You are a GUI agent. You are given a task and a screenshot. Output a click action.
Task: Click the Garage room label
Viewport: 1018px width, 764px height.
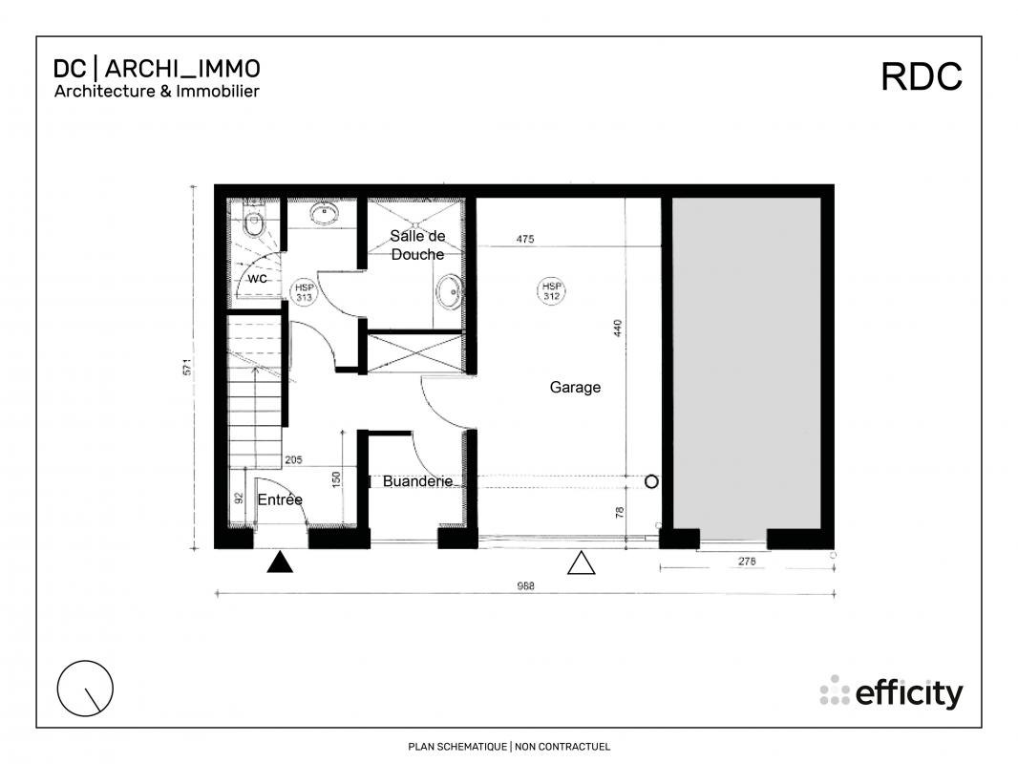(x=575, y=388)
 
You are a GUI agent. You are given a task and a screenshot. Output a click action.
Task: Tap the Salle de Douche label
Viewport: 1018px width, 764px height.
(x=417, y=244)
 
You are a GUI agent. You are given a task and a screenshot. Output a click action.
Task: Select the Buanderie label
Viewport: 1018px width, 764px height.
(x=417, y=481)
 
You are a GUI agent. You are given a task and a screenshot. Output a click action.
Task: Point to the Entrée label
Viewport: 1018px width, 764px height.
(x=280, y=499)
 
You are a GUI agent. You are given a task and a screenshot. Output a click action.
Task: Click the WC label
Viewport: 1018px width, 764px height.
(x=258, y=279)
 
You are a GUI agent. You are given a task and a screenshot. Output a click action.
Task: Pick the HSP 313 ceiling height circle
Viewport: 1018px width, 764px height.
(x=304, y=292)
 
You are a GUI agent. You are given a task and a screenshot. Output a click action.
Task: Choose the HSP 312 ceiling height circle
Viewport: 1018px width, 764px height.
(x=551, y=291)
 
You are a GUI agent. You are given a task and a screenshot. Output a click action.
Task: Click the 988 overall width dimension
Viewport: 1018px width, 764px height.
(x=525, y=586)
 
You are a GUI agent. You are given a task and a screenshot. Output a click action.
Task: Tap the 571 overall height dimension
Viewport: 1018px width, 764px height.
(x=187, y=367)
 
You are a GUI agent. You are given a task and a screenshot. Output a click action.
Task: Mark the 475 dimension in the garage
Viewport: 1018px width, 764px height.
(x=525, y=239)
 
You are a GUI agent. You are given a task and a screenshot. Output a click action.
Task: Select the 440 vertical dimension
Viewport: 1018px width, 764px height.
(x=618, y=328)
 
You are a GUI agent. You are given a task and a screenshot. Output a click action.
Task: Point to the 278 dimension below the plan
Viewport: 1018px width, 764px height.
(x=747, y=562)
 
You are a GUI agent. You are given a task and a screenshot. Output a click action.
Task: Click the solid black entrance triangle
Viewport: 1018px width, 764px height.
(x=280, y=562)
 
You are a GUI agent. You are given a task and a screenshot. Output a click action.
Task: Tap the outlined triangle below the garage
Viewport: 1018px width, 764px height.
(x=581, y=563)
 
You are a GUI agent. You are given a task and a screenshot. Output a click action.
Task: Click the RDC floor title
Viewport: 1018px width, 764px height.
(x=922, y=76)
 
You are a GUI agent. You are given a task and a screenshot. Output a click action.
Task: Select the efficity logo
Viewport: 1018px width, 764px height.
(x=891, y=692)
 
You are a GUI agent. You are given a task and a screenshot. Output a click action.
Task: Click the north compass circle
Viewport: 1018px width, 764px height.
(x=85, y=688)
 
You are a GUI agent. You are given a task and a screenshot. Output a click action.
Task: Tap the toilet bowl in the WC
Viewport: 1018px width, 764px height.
(x=253, y=223)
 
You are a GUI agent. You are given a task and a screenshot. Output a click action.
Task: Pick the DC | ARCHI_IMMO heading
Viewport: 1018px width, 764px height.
(x=157, y=68)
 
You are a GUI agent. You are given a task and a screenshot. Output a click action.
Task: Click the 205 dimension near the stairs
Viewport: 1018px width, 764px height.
(x=293, y=459)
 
